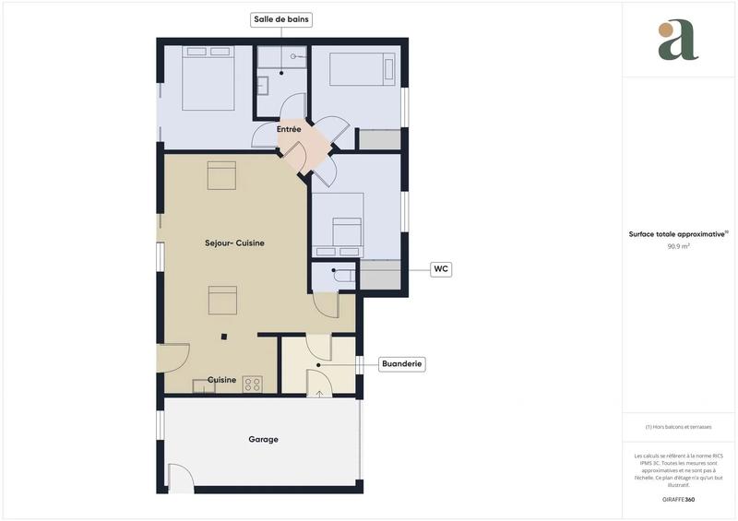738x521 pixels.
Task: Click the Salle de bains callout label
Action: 282,18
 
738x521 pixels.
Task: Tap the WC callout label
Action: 441,269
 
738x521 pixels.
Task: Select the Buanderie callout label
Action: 402,364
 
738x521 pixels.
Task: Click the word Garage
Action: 263,440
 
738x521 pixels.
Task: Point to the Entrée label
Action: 289,130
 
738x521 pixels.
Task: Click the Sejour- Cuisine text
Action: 234,243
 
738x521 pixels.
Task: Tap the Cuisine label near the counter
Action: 221,380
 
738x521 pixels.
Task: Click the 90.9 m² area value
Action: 679,246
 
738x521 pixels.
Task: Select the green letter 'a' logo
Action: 678,41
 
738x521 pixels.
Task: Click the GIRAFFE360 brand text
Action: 678,499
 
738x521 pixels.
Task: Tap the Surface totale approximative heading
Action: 678,234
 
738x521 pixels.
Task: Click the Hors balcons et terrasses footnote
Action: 679,427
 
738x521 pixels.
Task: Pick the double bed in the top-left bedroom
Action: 208,77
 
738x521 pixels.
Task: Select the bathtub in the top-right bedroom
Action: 362,69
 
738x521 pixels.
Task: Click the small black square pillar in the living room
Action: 223,337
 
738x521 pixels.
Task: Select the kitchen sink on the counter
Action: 203,385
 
